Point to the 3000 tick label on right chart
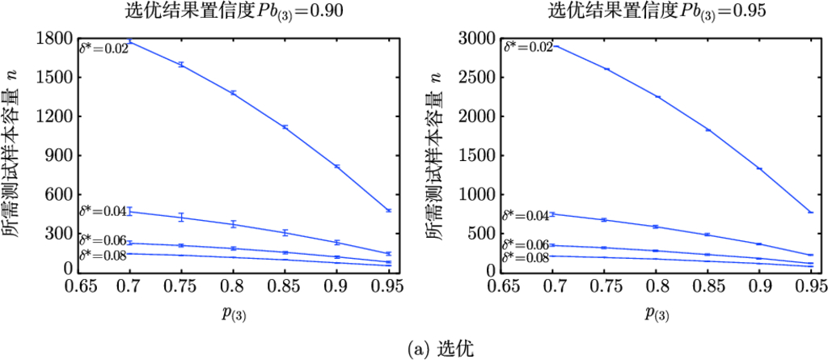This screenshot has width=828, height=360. [x=479, y=38]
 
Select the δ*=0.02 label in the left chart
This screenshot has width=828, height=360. [x=103, y=49]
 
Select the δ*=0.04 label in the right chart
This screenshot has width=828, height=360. [x=526, y=216]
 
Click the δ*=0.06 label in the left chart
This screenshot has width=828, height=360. [x=103, y=240]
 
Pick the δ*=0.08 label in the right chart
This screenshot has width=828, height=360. [x=526, y=257]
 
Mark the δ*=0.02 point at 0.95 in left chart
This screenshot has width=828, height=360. [x=389, y=210]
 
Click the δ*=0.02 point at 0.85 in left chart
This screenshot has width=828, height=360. [x=285, y=127]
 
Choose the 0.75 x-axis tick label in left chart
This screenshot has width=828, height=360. [x=181, y=286]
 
